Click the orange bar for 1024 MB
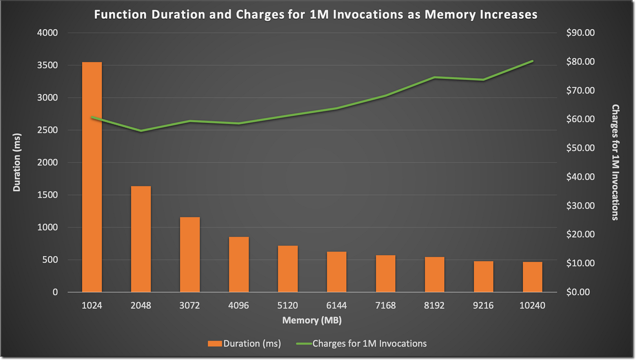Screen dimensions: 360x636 tap(92, 177)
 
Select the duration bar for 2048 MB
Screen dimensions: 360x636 tap(141, 239)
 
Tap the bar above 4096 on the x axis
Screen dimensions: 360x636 tap(238, 264)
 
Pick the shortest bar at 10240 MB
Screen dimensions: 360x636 tap(532, 277)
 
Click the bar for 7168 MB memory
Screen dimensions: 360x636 tap(385, 273)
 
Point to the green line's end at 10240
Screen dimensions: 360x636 tap(532, 61)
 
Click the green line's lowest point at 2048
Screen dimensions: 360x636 tap(141, 131)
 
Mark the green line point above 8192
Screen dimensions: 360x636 tap(435, 77)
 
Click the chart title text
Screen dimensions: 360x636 tap(316, 14)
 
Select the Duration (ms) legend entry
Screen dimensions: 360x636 tap(244, 343)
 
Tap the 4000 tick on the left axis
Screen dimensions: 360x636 tap(49, 33)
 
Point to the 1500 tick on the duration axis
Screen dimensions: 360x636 tap(49, 195)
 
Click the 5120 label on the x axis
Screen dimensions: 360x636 tap(287, 305)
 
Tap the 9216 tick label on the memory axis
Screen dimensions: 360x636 tap(483, 305)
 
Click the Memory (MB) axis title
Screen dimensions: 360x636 tap(311, 320)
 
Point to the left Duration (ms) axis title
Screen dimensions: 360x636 tap(17, 163)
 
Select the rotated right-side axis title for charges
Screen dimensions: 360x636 tap(615, 162)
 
